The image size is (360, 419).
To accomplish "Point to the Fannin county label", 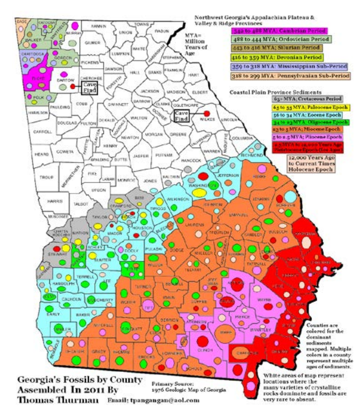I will [x=99, y=26].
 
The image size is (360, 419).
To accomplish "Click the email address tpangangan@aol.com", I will [x=157, y=399].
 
